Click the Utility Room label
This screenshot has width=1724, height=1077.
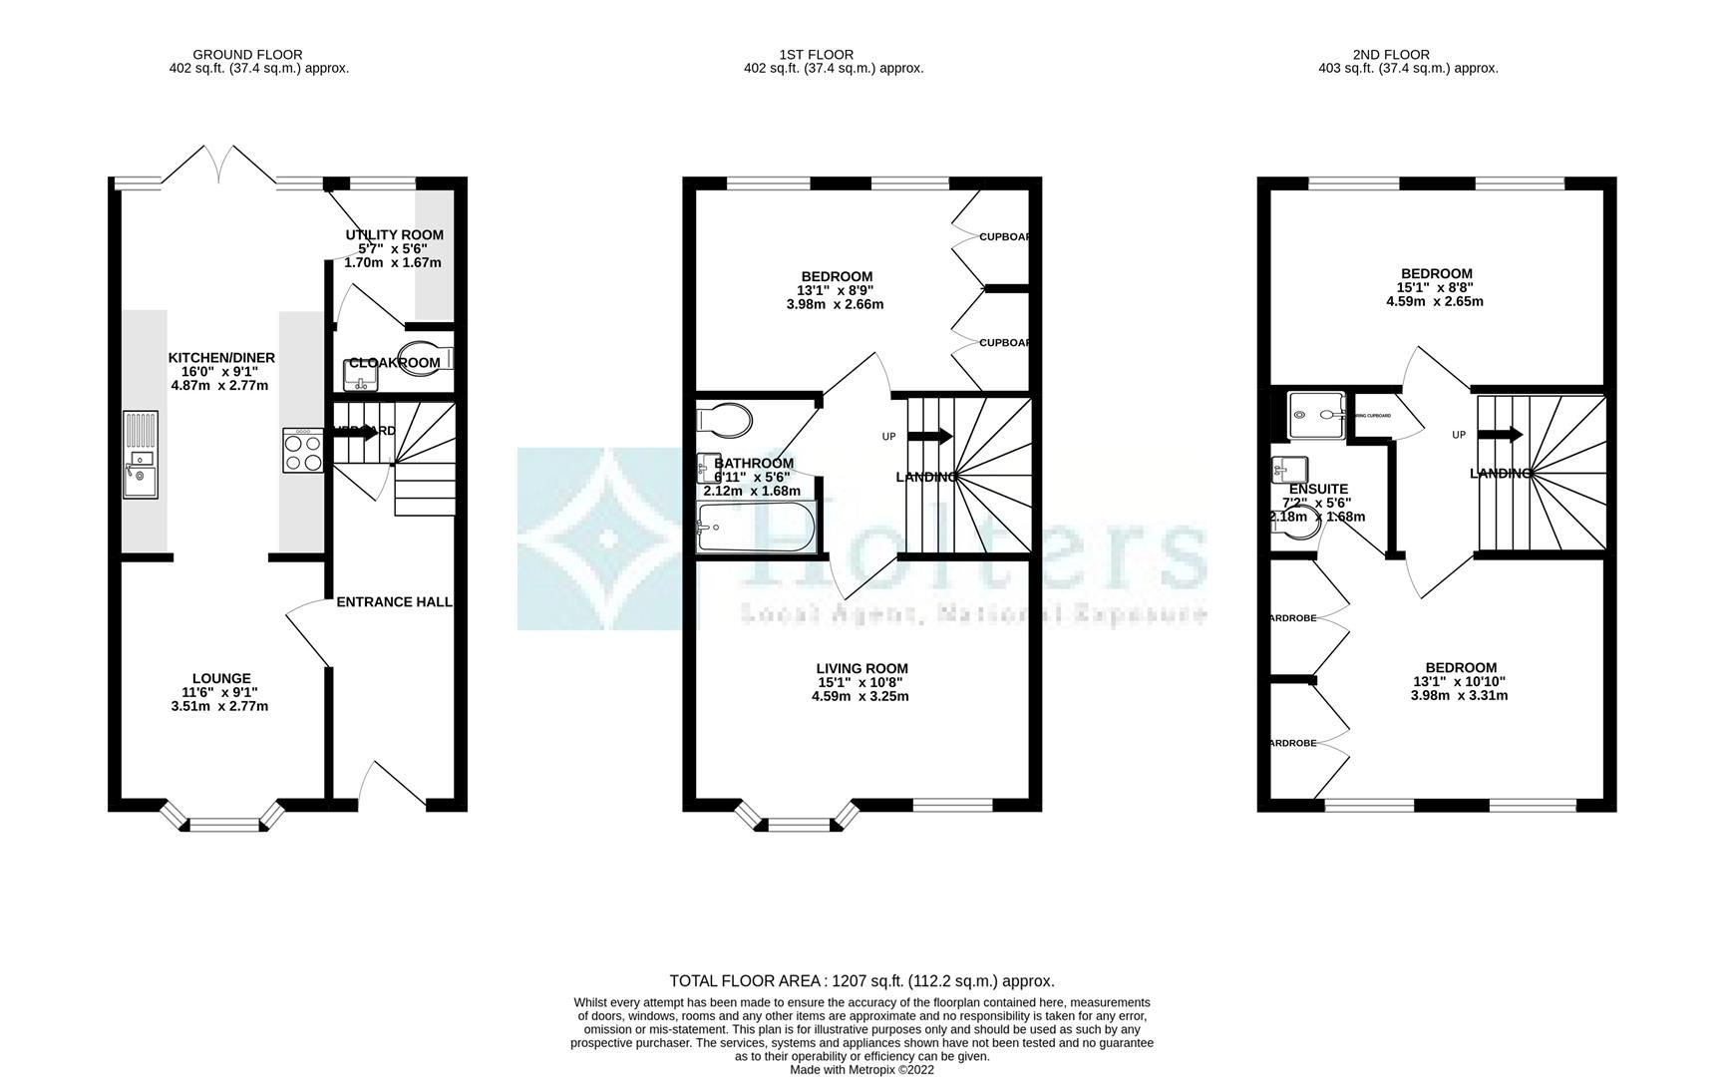pyautogui.click(x=394, y=234)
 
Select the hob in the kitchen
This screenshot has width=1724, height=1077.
pyautogui.click(x=303, y=450)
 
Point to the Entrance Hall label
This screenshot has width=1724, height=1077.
pyautogui.click(x=394, y=602)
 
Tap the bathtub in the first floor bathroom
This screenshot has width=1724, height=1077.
pyautogui.click(x=756, y=527)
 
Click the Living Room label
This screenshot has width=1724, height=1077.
pyautogui.click(x=862, y=668)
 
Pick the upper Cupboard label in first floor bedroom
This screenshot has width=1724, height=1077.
pyautogui.click(x=1003, y=237)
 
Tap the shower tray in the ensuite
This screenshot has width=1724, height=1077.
pyautogui.click(x=1316, y=415)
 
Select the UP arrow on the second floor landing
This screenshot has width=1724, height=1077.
pyautogui.click(x=1502, y=435)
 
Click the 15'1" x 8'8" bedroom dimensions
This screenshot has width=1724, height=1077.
pyautogui.click(x=1436, y=287)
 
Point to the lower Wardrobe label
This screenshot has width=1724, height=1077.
pyautogui.click(x=1291, y=743)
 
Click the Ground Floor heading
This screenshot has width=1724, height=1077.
pyautogui.click(x=247, y=55)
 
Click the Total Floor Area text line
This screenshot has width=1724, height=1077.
pyautogui.click(x=862, y=981)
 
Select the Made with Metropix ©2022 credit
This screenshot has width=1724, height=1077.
pyautogui.click(x=862, y=1070)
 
